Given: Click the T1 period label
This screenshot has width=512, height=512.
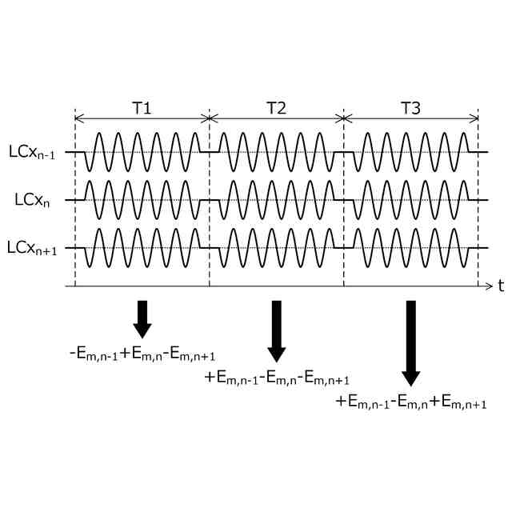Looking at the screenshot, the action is (x=142, y=109).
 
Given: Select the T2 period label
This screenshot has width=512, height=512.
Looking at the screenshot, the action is (x=276, y=109).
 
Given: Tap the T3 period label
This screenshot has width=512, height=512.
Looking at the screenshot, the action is (x=410, y=109).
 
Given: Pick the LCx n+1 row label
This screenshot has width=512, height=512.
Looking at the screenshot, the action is (x=36, y=249).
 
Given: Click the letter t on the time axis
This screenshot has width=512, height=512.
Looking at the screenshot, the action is (x=500, y=286).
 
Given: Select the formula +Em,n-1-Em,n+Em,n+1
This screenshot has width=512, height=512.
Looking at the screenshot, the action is (x=411, y=403).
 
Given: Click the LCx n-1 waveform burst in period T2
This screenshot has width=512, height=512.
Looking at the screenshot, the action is (x=272, y=151).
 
